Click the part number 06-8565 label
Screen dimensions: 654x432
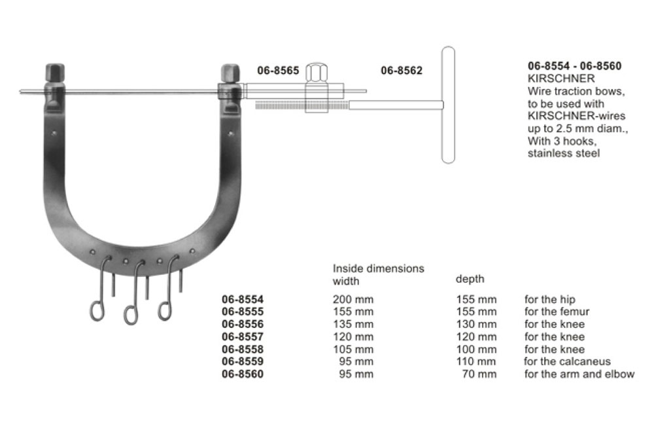click(x=278, y=71)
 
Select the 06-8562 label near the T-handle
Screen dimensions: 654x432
click(x=402, y=71)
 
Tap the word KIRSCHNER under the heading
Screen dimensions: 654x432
click(x=561, y=79)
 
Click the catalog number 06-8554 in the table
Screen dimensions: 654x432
click(x=243, y=299)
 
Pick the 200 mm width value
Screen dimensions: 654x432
click(x=353, y=299)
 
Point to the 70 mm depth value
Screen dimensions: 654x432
click(x=479, y=374)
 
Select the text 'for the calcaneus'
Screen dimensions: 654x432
click(x=567, y=361)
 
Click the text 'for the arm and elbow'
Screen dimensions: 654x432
click(x=579, y=374)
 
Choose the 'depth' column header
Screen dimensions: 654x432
click(x=470, y=279)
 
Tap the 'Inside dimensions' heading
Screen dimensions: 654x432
click(x=378, y=268)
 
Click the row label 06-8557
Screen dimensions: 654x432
click(x=243, y=337)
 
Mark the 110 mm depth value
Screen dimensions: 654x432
click(x=476, y=361)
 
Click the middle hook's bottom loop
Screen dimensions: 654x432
click(x=131, y=315)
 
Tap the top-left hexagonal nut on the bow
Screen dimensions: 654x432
click(x=55, y=73)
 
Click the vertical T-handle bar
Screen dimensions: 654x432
click(x=449, y=105)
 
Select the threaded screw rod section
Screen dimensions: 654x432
click(x=301, y=106)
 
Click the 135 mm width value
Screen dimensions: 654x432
click(x=353, y=324)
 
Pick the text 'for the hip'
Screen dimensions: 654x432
click(x=550, y=299)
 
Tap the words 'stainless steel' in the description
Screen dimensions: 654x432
click(x=564, y=153)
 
